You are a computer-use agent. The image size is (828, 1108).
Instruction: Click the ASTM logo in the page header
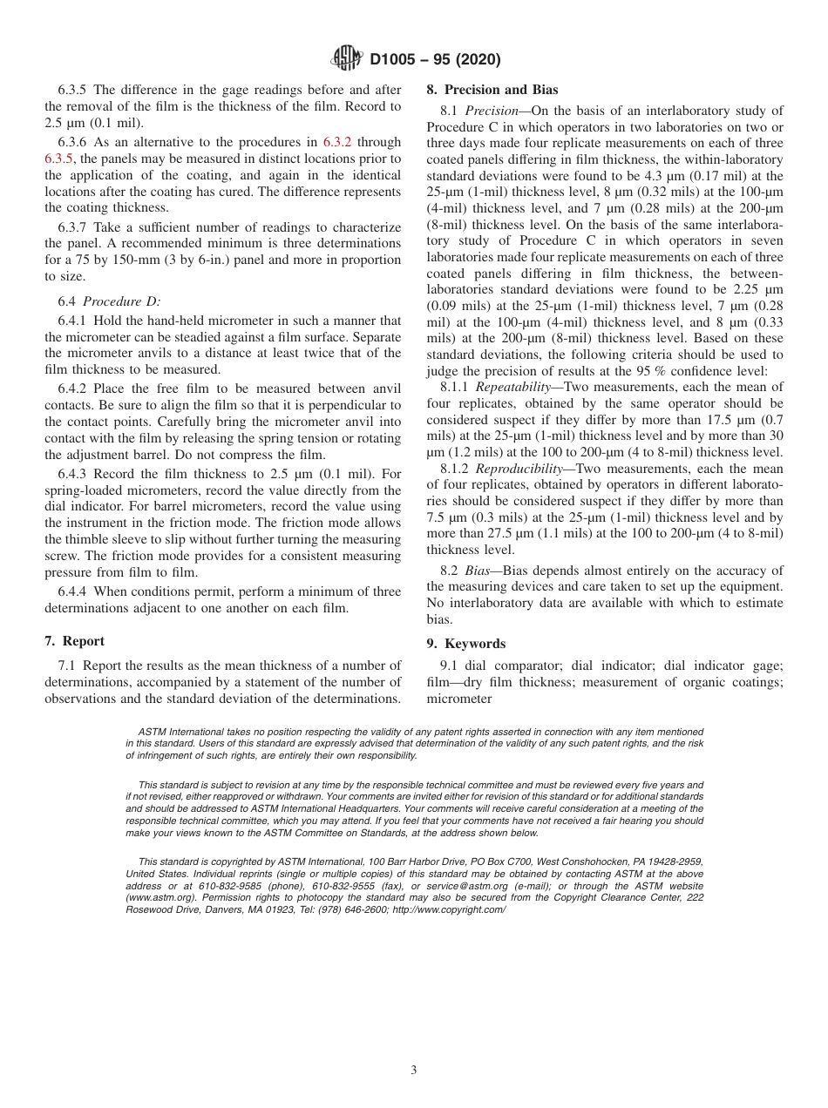(x=349, y=59)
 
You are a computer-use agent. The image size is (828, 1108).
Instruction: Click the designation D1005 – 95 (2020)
(x=435, y=60)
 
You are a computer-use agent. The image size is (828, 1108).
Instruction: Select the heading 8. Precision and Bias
(x=492, y=90)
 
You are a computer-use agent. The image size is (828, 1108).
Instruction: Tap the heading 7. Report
(x=74, y=641)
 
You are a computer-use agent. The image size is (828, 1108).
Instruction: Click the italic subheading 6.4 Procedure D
(x=109, y=301)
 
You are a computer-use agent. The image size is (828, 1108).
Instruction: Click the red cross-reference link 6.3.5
(x=58, y=159)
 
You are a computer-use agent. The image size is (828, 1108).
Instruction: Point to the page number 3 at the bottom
(x=414, y=1071)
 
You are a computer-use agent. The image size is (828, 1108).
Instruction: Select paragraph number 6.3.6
(x=75, y=143)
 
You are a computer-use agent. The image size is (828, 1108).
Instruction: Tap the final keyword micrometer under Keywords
(x=458, y=699)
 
